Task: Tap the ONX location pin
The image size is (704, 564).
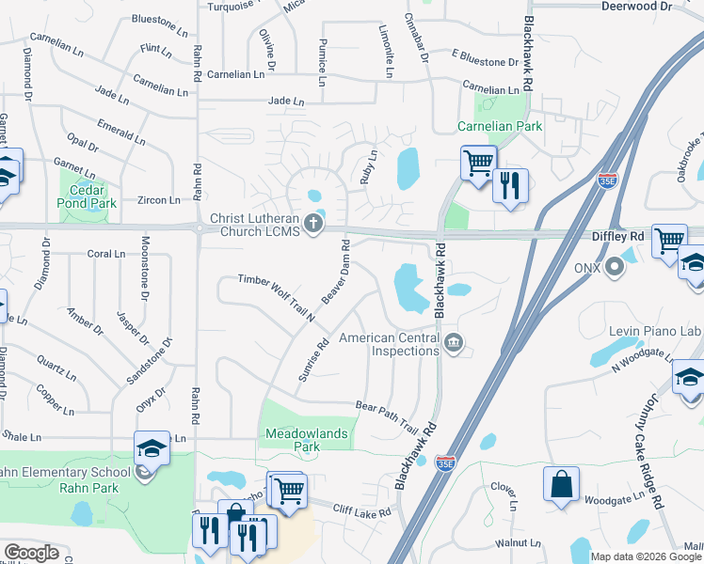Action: click(616, 268)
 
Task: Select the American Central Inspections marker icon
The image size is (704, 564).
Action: click(455, 343)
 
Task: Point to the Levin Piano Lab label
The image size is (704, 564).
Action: click(658, 332)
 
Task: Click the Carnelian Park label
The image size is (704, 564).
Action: click(500, 126)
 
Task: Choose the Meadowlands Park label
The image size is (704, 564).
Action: click(304, 440)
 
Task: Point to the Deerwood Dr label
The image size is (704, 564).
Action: click(637, 6)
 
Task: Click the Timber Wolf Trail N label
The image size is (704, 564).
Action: click(276, 297)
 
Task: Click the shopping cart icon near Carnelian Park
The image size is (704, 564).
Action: click(478, 163)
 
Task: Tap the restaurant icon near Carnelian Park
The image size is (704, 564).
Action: click(510, 184)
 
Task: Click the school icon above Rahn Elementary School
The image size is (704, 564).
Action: click(152, 449)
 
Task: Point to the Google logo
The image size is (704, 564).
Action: click(32, 552)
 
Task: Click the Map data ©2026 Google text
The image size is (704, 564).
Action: click(646, 556)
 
